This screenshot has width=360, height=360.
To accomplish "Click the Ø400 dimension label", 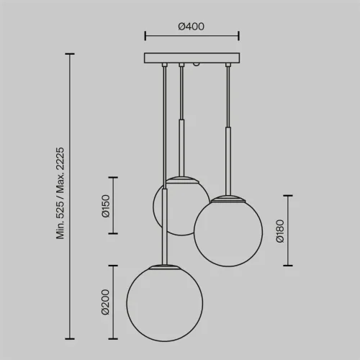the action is tap(191, 27).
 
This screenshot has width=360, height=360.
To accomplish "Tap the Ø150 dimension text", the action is tap(106, 206).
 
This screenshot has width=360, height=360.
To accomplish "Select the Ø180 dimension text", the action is tap(280, 231).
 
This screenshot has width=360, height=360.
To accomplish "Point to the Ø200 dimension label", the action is tap(105, 302).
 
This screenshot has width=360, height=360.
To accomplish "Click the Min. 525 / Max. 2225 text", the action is tap(60, 193).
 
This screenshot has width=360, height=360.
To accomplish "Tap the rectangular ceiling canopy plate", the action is tap(192, 58).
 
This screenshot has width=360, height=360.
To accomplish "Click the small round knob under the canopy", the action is tap(197, 65).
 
